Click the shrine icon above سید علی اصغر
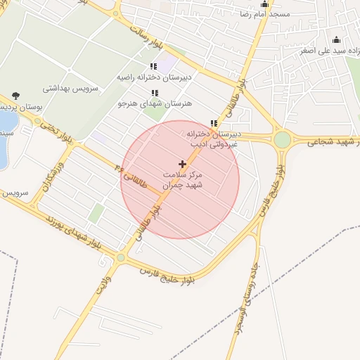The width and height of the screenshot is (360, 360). pos(336,39)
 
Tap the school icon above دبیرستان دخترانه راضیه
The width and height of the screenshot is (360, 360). pos(154,67)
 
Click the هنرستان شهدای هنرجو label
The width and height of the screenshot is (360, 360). pos(146,103)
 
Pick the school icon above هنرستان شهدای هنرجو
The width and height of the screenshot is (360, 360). pos(155,93)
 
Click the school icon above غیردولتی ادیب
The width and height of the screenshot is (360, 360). pos(214,123)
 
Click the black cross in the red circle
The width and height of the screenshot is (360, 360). pos(183,164)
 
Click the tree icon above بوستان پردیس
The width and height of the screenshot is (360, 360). pos(16,96)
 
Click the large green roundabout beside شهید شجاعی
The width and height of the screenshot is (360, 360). pos(282,139)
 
